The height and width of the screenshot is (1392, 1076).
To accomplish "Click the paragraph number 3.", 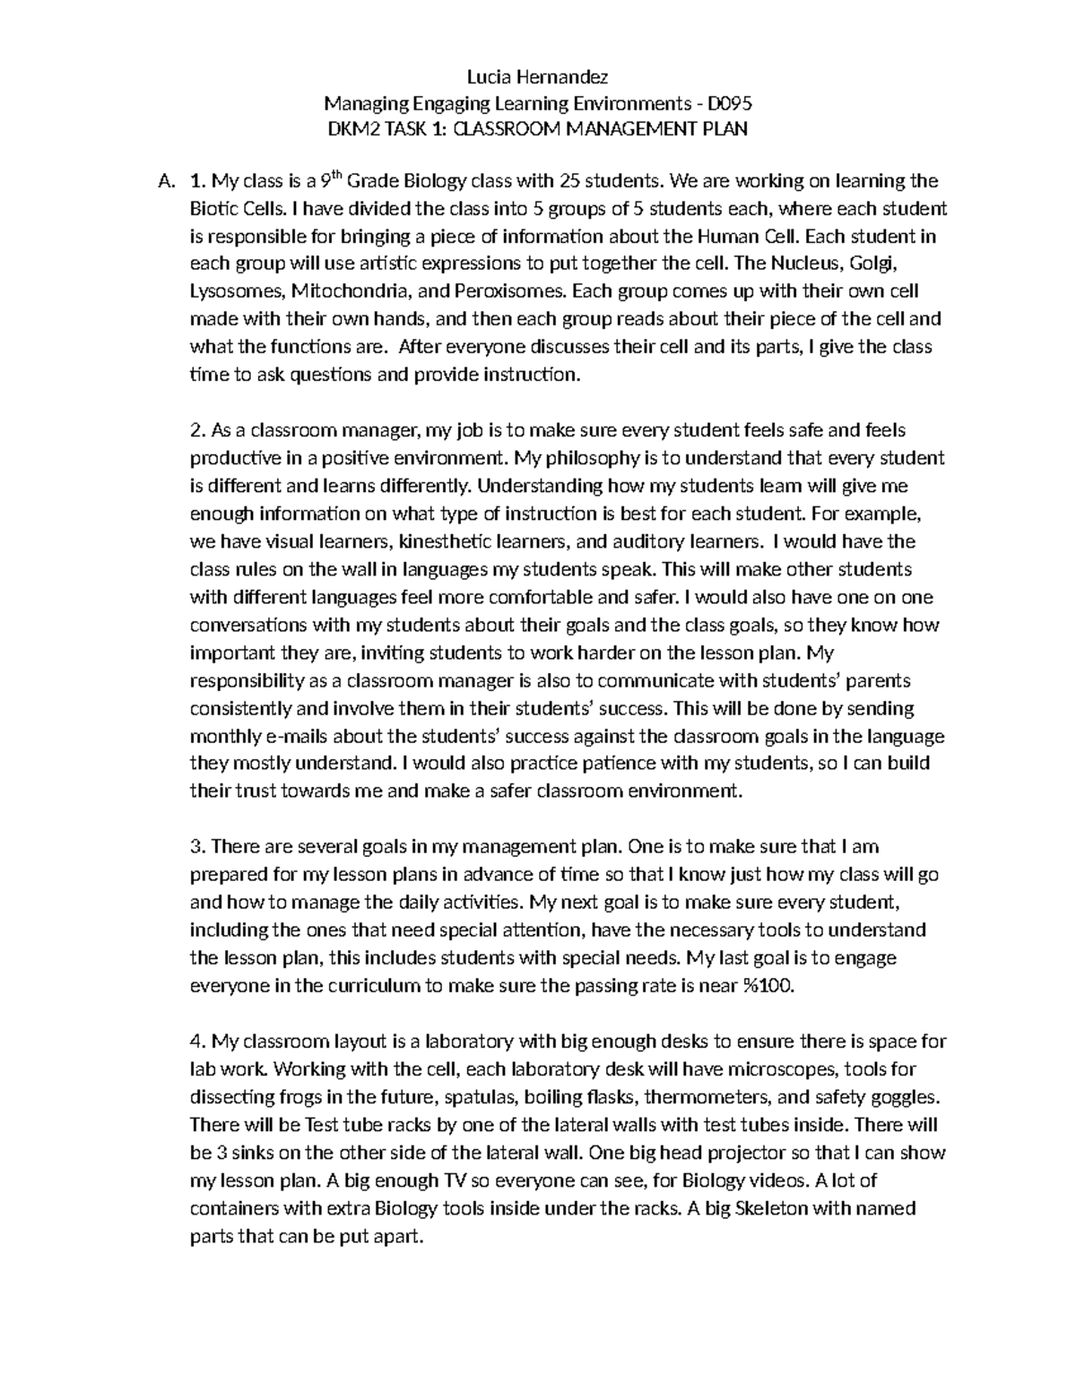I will pyautogui.click(x=196, y=847).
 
